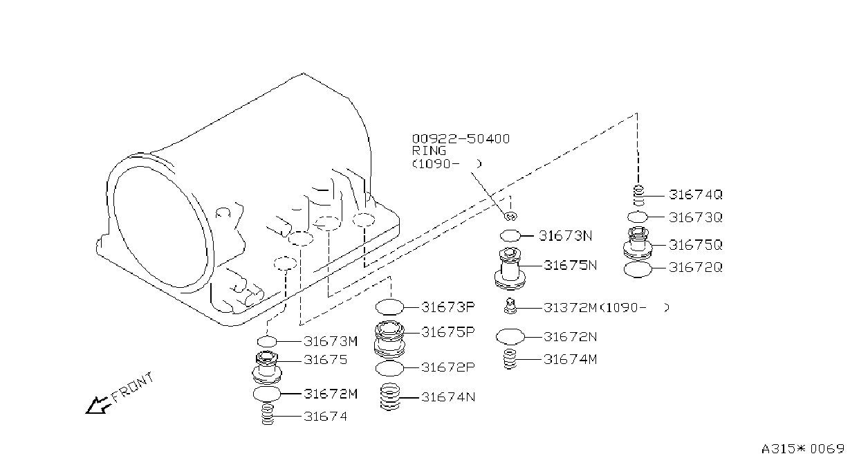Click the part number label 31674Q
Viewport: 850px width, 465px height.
(695, 194)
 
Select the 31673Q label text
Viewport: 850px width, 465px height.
(695, 217)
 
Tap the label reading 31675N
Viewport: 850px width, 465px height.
(570, 265)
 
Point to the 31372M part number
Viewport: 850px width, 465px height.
(570, 307)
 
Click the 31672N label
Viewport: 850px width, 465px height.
(570, 337)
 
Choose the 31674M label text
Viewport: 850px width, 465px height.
(570, 359)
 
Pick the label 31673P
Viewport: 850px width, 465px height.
(448, 307)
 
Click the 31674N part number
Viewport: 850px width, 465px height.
(448, 397)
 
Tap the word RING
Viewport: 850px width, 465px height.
(429, 151)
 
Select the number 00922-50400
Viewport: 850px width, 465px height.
(461, 138)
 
